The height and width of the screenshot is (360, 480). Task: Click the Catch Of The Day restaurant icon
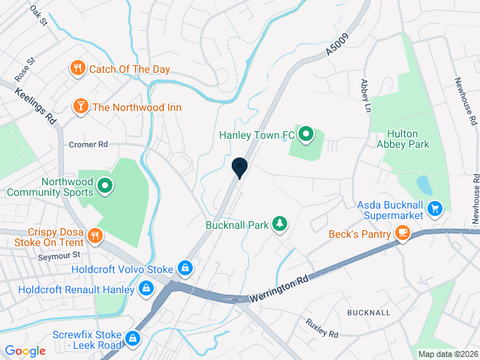(x=77, y=69)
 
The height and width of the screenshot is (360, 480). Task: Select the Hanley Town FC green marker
(x=306, y=135)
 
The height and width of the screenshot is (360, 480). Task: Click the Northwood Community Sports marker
(x=105, y=185)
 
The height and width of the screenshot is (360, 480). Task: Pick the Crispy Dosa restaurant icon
(x=94, y=235)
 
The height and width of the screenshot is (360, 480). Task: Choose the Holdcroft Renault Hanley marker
(x=145, y=288)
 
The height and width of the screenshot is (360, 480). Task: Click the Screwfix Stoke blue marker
(x=133, y=339)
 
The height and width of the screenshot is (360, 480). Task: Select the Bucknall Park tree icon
(x=279, y=223)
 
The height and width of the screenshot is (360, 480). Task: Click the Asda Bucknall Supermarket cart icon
(x=436, y=208)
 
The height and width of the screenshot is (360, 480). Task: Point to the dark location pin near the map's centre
(x=240, y=169)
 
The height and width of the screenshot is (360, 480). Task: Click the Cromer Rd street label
(x=88, y=144)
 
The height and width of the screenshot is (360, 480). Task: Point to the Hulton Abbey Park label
(x=400, y=142)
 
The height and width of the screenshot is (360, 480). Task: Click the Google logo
(x=25, y=350)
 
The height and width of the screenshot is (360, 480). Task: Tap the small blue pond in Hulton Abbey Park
(x=424, y=184)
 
